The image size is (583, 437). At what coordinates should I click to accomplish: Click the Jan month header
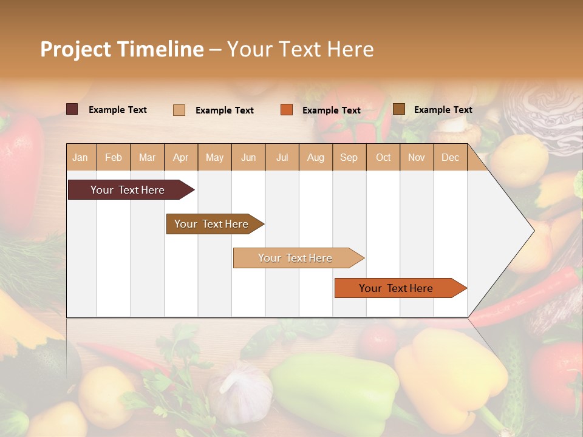(x=80, y=157)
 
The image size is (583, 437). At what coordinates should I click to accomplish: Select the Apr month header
(x=180, y=157)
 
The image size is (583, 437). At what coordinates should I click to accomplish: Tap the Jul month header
(x=282, y=157)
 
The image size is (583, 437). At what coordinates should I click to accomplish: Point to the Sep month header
(x=349, y=157)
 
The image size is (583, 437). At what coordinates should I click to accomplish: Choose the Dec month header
(x=450, y=157)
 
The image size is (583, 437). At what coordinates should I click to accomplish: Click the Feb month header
(x=114, y=157)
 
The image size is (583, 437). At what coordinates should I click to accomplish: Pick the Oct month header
(x=383, y=157)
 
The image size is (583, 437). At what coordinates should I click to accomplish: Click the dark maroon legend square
(x=72, y=109)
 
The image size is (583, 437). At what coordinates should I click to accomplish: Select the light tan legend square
(x=179, y=110)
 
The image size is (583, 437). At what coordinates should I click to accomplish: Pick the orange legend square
(x=287, y=110)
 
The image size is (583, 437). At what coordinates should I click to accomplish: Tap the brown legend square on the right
(x=399, y=109)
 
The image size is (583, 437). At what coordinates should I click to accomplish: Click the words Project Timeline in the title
(x=122, y=49)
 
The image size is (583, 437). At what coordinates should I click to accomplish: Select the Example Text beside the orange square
(x=332, y=110)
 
